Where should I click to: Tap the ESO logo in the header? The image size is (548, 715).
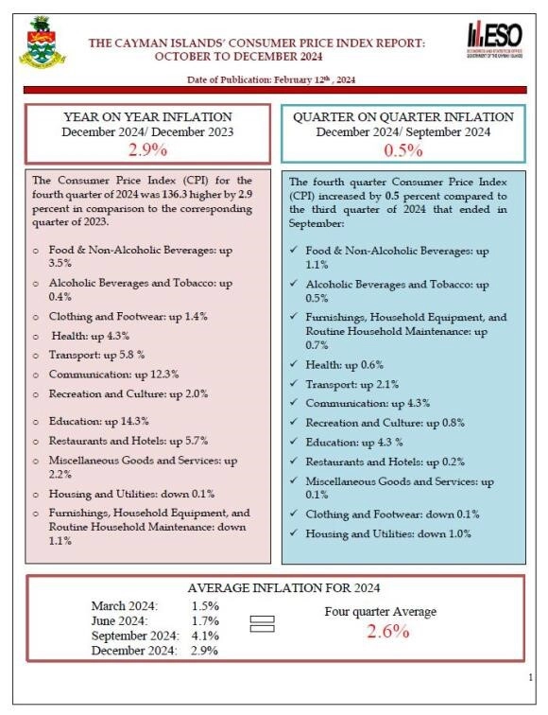(x=494, y=40)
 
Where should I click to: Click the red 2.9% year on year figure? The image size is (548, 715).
(x=146, y=148)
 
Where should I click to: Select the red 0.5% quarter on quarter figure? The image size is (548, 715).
(x=402, y=150)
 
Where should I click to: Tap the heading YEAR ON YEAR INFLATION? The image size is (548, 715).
(x=146, y=116)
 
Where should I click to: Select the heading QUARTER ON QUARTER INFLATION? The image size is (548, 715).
(x=403, y=116)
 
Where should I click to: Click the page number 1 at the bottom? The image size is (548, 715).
(x=529, y=677)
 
